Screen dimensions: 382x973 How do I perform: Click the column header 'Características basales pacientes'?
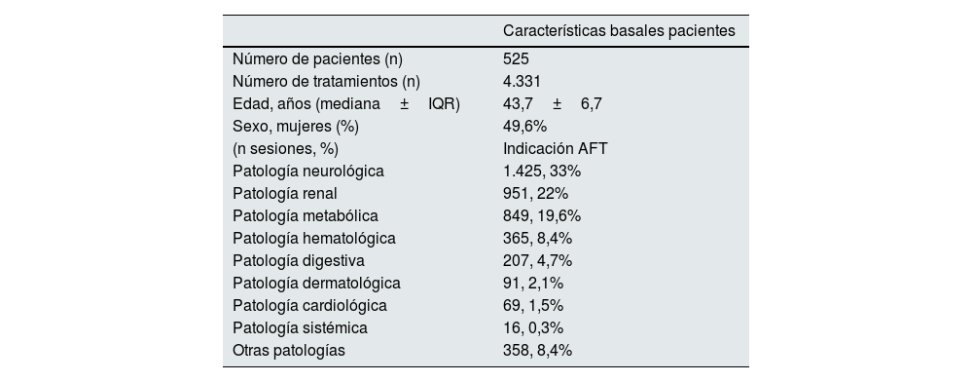(x=619, y=31)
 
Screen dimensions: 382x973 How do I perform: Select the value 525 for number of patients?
(x=516, y=58)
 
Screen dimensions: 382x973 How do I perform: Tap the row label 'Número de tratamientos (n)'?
(x=327, y=81)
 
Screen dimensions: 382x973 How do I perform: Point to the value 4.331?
(x=522, y=81)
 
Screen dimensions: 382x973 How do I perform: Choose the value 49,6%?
(x=525, y=126)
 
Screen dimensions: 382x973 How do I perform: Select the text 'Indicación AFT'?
(x=556, y=148)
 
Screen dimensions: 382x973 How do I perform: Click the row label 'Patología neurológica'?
(x=308, y=171)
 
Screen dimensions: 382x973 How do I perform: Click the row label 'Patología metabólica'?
(x=306, y=215)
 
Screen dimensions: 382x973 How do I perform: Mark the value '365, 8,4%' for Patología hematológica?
(x=537, y=238)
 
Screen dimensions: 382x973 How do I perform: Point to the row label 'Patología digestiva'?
(x=299, y=260)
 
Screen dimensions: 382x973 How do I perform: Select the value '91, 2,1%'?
(x=533, y=283)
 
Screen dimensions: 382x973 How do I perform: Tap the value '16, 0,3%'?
(x=533, y=327)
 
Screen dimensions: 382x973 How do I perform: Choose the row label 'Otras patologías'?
(x=289, y=350)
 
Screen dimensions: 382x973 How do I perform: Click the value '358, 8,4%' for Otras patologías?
(x=537, y=350)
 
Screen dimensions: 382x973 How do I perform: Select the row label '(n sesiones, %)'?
(x=286, y=148)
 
